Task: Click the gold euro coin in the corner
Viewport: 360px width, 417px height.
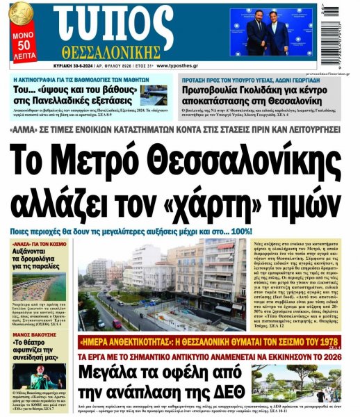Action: pos(19,13)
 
